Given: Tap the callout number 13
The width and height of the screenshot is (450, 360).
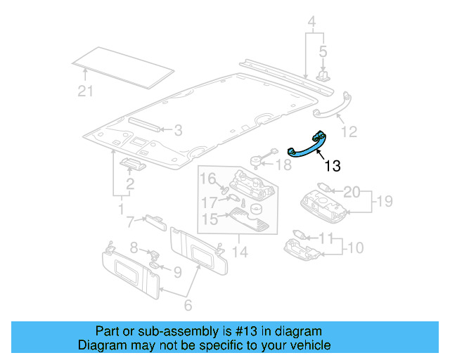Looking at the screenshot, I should (x=332, y=166).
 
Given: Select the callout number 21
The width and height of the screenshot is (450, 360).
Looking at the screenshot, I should (x=85, y=91).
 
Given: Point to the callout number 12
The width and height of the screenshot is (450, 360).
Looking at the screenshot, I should (x=349, y=131).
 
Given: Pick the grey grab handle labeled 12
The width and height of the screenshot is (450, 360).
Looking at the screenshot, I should (x=332, y=103).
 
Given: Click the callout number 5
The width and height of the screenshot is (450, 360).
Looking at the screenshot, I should (x=323, y=51).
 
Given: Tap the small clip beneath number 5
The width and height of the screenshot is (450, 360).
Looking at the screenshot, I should (x=323, y=74).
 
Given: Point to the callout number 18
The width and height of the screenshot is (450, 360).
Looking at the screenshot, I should (x=283, y=165).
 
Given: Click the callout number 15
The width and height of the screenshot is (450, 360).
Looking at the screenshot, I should (x=210, y=220).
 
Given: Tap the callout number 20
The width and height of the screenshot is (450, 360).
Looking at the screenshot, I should (x=352, y=191).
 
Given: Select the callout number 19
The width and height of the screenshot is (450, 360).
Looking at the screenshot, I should (x=382, y=202).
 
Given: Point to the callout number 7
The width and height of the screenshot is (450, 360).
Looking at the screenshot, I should (x=130, y=223).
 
